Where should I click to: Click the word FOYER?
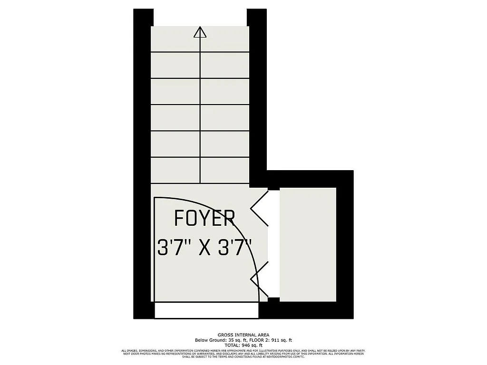pyautogui.click(x=205, y=218)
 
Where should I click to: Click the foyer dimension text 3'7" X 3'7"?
pyautogui.click(x=205, y=248)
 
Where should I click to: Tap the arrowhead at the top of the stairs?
pyautogui.click(x=200, y=32)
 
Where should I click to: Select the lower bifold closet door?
pyautogui.click(x=259, y=278)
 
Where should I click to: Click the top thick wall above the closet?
pyautogui.click(x=309, y=179)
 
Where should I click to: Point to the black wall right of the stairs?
pyautogui.click(x=257, y=95)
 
